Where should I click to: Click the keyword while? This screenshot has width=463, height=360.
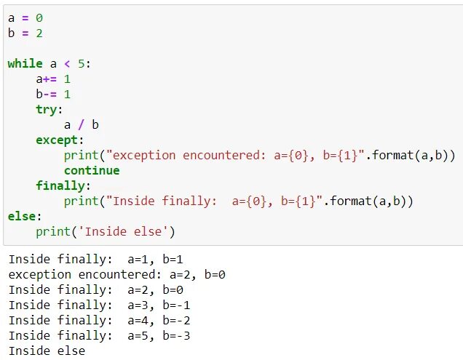pyautogui.click(x=25, y=63)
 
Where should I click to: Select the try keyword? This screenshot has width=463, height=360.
pyautogui.click(x=46, y=109)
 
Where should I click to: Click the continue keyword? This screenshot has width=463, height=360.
pyautogui.click(x=91, y=170)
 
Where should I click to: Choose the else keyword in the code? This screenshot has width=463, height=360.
pyautogui.click(x=21, y=216)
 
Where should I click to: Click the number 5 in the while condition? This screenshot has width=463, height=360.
pyautogui.click(x=81, y=63)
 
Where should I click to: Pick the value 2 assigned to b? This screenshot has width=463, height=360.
pyautogui.click(x=39, y=33)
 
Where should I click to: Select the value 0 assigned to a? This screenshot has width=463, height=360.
pyautogui.click(x=39, y=17)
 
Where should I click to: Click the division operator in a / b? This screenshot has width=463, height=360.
pyautogui.click(x=81, y=124)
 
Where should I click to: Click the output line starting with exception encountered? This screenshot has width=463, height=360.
pyautogui.click(x=116, y=274)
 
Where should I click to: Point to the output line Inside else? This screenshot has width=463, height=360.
pyautogui.click(x=47, y=351)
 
